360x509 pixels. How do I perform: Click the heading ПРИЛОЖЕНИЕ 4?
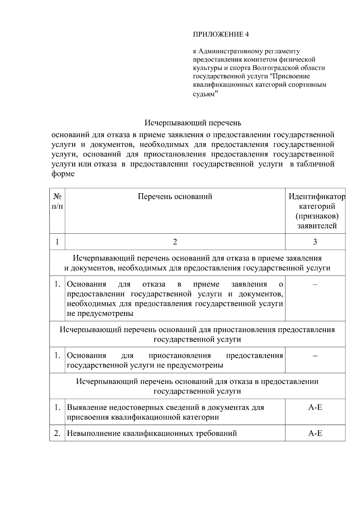[220, 34]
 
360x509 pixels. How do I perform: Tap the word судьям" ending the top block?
[205, 94]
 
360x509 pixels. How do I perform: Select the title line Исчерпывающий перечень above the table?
[193, 123]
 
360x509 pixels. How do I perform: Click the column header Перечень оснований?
[175, 196]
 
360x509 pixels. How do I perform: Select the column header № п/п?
[57, 201]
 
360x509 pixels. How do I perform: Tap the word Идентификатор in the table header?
[317, 197]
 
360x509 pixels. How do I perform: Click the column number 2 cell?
[175, 242]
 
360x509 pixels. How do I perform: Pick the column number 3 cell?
[315, 242]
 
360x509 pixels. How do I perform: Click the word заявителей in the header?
[317, 226]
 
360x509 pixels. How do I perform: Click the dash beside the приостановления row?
[315, 356]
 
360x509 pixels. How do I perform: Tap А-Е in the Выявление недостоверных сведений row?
[315, 408]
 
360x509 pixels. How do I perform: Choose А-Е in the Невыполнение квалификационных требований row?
[315, 433]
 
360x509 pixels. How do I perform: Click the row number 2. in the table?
[57, 433]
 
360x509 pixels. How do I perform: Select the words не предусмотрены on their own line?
[100, 314]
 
